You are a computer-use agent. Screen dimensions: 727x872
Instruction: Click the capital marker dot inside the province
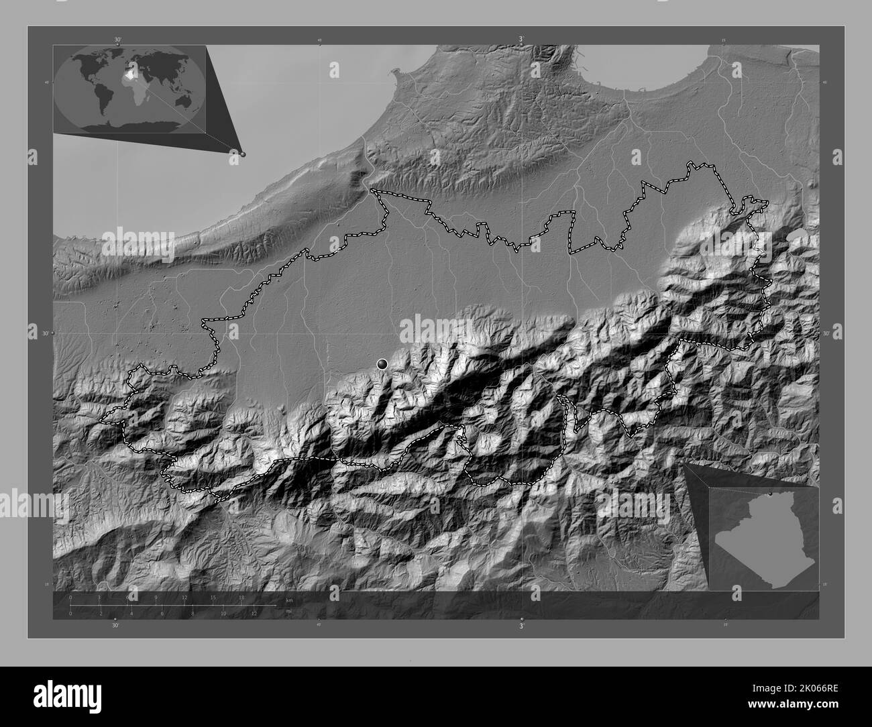[382, 363]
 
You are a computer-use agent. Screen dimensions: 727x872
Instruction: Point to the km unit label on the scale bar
[290, 600]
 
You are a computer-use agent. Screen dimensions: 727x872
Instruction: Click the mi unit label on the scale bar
[289, 611]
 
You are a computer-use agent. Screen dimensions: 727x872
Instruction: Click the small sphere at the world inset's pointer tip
[243, 154]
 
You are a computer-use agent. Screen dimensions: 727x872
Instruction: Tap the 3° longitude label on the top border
[521, 40]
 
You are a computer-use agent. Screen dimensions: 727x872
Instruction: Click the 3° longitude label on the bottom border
[521, 625]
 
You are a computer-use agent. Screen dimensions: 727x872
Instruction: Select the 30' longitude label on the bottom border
[115, 625]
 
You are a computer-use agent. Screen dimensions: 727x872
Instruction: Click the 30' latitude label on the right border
[826, 333]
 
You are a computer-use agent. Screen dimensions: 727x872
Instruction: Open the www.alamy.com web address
[805, 704]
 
